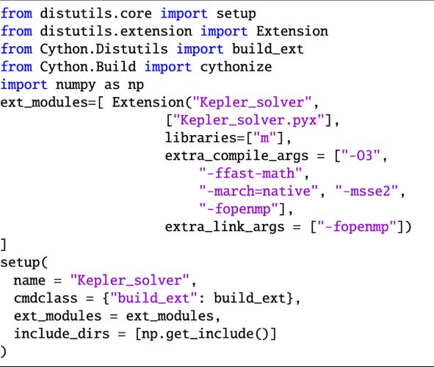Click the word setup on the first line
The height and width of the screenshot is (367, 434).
tap(236, 14)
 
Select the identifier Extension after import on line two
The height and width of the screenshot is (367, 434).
tap(292, 32)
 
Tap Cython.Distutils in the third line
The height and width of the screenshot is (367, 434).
tap(104, 49)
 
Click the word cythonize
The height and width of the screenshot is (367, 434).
tap(236, 68)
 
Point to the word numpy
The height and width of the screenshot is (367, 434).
tap(76, 85)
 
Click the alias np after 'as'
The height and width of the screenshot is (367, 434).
tap(136, 85)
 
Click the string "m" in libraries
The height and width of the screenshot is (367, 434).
tap(264, 137)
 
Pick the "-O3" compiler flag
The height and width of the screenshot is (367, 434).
tap(361, 155)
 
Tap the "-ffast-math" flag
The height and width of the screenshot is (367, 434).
tap(250, 173)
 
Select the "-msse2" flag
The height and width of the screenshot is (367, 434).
tap(366, 191)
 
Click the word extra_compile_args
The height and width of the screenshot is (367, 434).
tap(236, 156)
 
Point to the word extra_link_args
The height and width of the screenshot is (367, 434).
tap(225, 227)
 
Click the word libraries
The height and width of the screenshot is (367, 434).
tap(201, 137)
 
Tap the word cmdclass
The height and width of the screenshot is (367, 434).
tap(46, 298)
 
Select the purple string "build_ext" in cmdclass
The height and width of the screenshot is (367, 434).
tap(154, 298)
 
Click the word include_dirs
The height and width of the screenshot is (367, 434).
tap(62, 333)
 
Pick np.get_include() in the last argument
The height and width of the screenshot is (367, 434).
tap(206, 334)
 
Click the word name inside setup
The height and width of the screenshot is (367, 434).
tap(29, 280)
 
